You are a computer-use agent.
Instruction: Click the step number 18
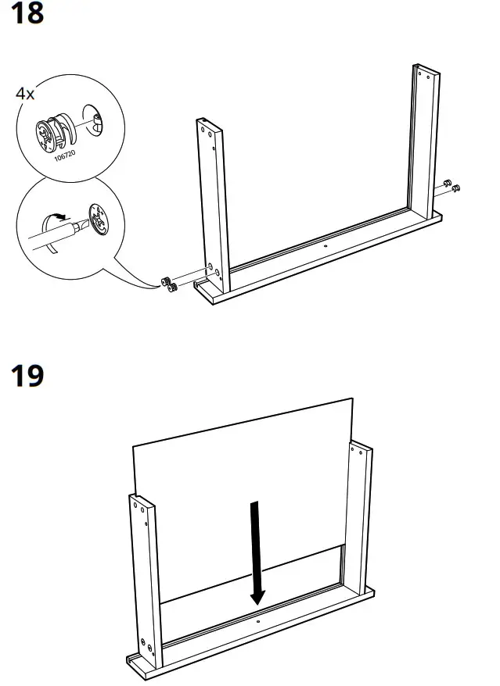(x=27, y=14)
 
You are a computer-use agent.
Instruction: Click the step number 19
(x=27, y=376)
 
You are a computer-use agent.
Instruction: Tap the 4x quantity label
(x=25, y=94)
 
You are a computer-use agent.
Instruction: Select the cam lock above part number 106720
(x=52, y=130)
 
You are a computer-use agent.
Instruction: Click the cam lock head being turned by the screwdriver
(x=99, y=219)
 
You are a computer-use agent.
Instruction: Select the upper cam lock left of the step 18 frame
(x=166, y=280)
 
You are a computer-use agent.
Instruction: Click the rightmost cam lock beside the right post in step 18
(x=456, y=188)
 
